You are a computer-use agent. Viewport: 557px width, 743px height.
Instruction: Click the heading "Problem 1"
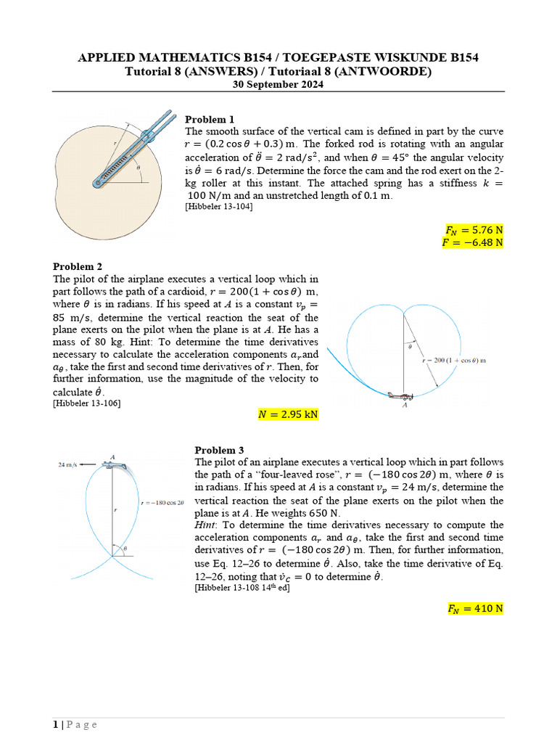click(x=210, y=119)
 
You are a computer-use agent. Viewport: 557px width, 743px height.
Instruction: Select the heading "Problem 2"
click(x=78, y=266)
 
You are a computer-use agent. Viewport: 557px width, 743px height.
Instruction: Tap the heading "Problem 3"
click(x=219, y=450)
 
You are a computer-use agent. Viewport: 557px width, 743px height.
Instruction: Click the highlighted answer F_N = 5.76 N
click(x=474, y=230)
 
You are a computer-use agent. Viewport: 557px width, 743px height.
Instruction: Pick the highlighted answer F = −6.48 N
click(x=472, y=242)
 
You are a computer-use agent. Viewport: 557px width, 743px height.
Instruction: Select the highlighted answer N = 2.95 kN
click(x=288, y=415)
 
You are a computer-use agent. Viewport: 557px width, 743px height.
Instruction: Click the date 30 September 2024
click(x=278, y=84)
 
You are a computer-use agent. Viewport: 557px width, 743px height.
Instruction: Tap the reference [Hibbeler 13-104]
click(x=220, y=206)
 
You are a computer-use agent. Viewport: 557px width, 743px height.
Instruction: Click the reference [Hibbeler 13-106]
click(x=87, y=403)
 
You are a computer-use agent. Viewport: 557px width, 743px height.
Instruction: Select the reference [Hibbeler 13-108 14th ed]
click(x=242, y=588)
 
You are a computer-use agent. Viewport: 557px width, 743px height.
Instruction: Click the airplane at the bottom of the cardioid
click(x=401, y=396)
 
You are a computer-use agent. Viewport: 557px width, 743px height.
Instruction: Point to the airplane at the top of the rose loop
click(x=118, y=464)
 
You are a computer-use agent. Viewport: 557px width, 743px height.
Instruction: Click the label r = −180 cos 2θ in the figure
click(x=162, y=502)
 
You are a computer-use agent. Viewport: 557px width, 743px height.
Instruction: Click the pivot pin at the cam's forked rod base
click(x=97, y=184)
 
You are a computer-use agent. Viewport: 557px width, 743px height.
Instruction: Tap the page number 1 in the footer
click(x=55, y=724)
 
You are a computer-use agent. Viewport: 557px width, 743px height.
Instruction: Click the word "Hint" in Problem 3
click(x=206, y=525)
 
